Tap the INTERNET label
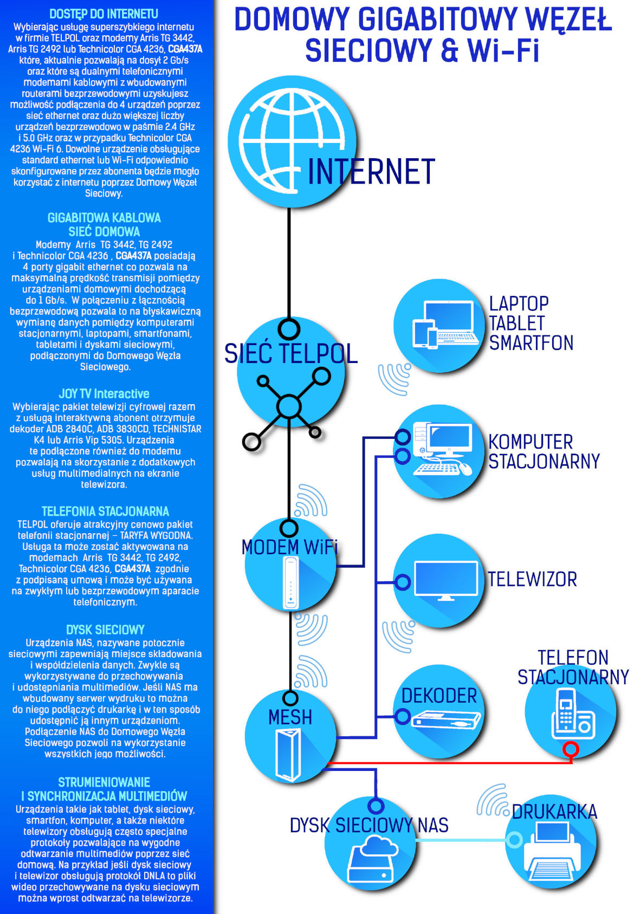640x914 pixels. pyautogui.click(x=371, y=172)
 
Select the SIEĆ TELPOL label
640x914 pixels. pyautogui.click(x=291, y=354)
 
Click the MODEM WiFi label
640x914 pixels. pyautogui.click(x=289, y=547)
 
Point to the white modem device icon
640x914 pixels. pyautogui.click(x=291, y=582)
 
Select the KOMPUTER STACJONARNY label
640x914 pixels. pyautogui.click(x=544, y=451)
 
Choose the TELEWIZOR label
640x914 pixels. pyautogui.click(x=532, y=579)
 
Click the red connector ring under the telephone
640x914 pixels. pyautogui.click(x=571, y=750)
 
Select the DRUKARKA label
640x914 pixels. pyautogui.click(x=554, y=812)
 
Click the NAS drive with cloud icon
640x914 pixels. pyautogui.click(x=371, y=859)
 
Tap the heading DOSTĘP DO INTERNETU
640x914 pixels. pyautogui.click(x=104, y=14)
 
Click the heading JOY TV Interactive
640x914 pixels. pyautogui.click(x=104, y=394)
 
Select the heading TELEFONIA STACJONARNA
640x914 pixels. pyautogui.click(x=105, y=511)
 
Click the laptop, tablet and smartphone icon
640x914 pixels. pyautogui.click(x=445, y=325)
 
